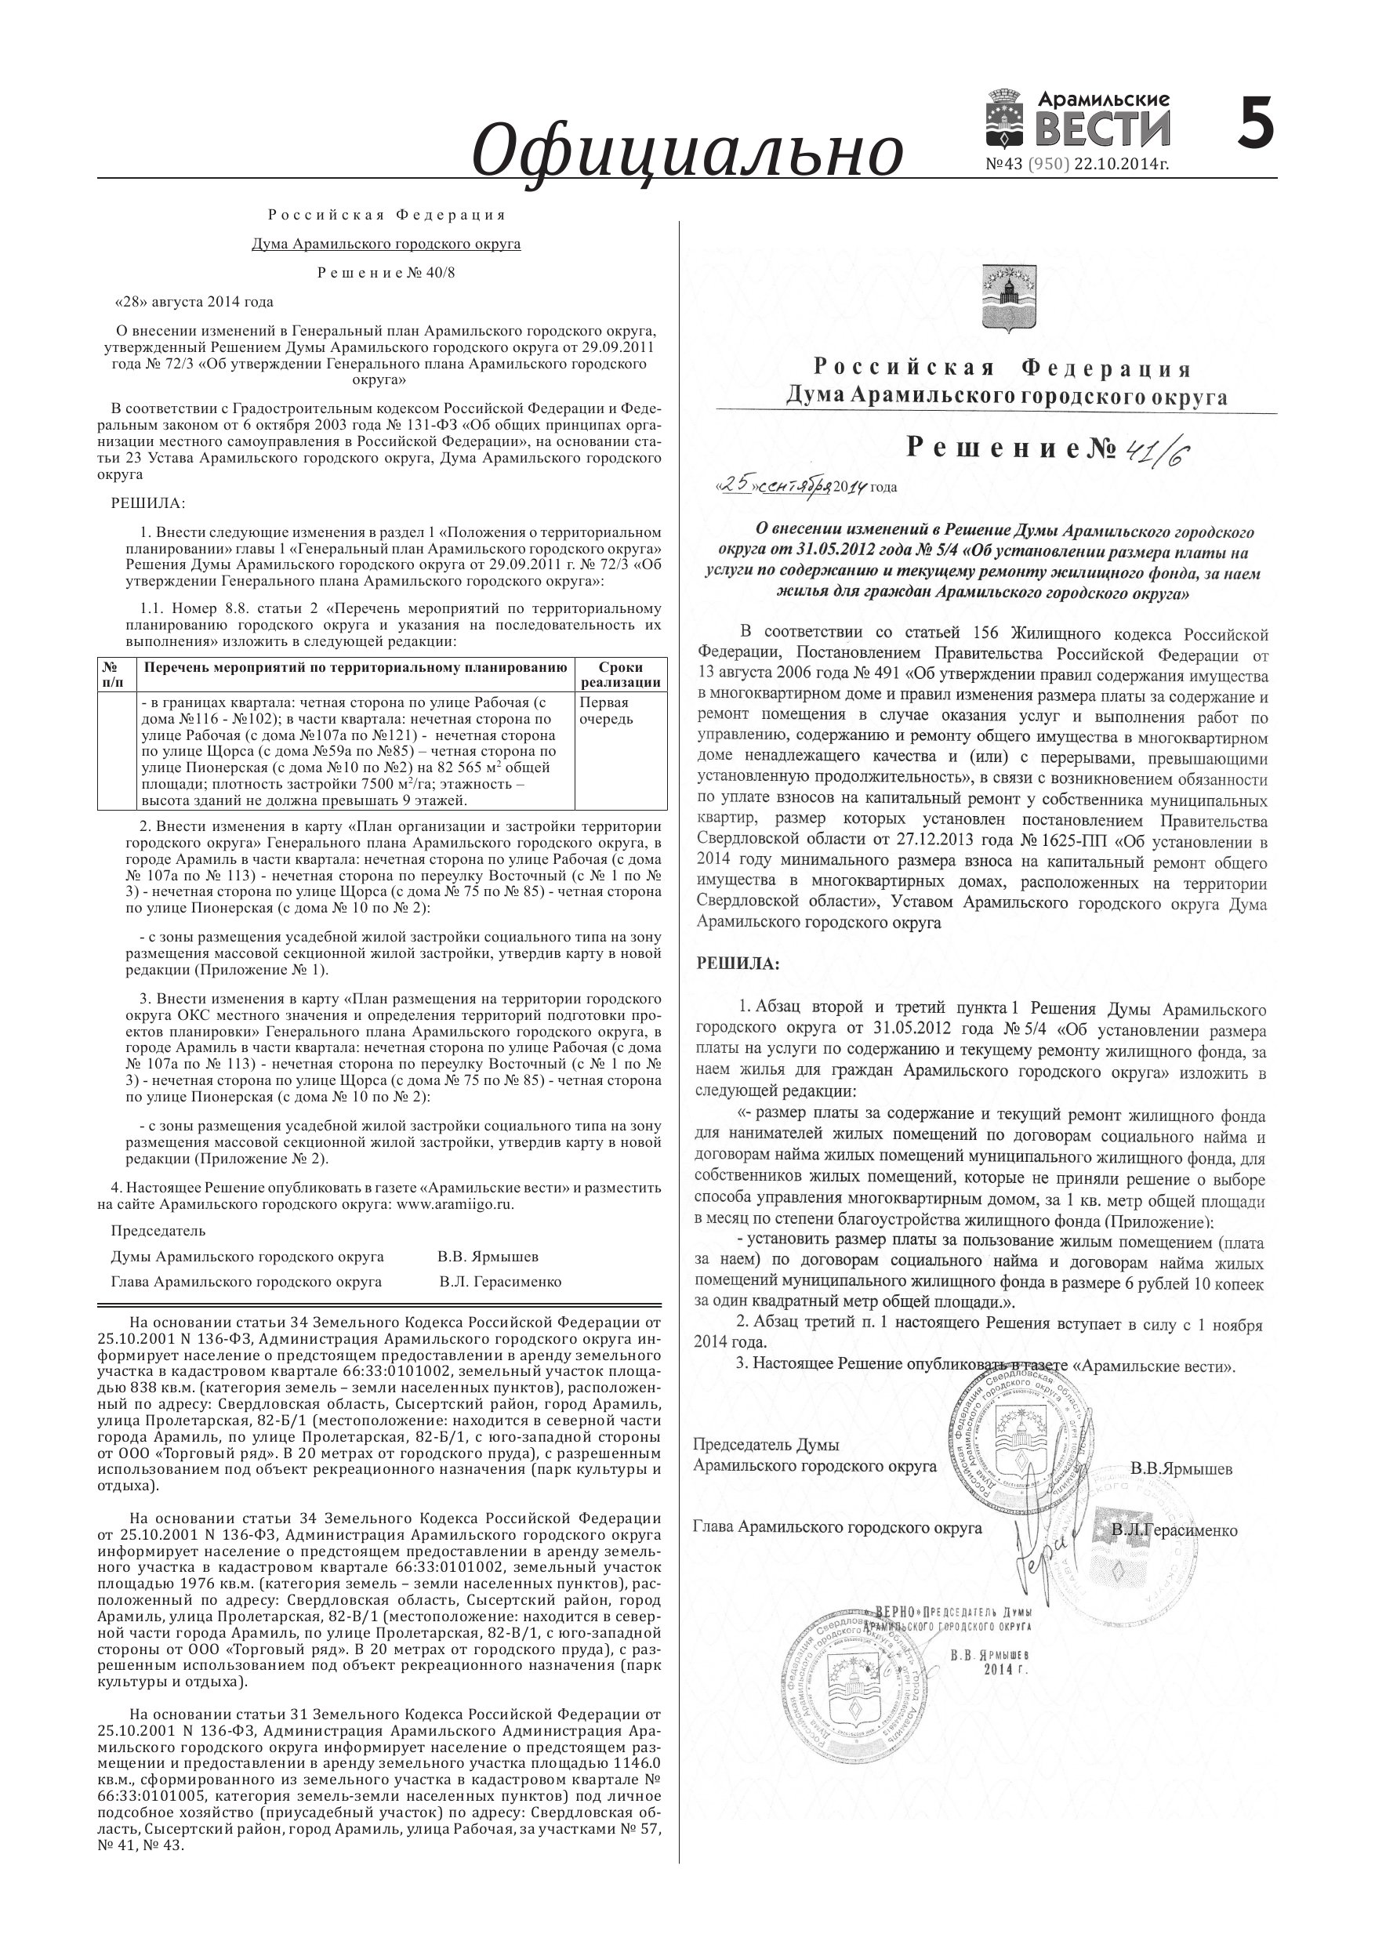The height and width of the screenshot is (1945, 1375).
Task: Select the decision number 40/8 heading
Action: point(386,273)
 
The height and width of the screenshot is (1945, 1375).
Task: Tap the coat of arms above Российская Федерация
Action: point(1006,296)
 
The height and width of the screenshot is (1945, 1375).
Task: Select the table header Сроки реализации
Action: point(620,675)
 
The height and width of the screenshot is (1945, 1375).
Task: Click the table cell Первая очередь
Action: point(605,711)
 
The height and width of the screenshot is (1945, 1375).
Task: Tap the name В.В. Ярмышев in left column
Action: point(488,1256)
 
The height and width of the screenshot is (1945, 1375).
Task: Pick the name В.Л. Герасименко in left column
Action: point(500,1282)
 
